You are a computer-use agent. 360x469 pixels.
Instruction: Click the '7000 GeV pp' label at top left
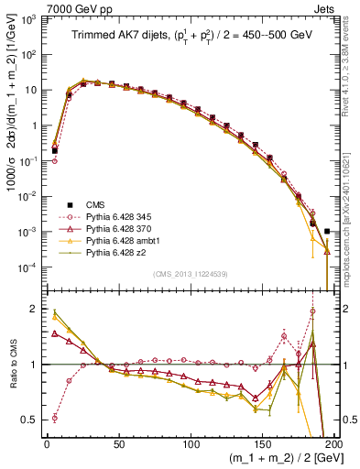pos(34,7)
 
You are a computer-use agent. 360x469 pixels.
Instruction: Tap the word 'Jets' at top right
pos(325,7)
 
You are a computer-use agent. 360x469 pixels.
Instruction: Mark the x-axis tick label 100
pos(191,443)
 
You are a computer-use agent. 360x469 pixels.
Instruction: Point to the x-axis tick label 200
pos(334,443)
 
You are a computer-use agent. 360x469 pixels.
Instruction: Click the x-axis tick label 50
pos(118,443)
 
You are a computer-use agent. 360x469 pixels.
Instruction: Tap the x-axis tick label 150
pos(263,443)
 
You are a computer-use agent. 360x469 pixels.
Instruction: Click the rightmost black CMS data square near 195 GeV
pos(327,231)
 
